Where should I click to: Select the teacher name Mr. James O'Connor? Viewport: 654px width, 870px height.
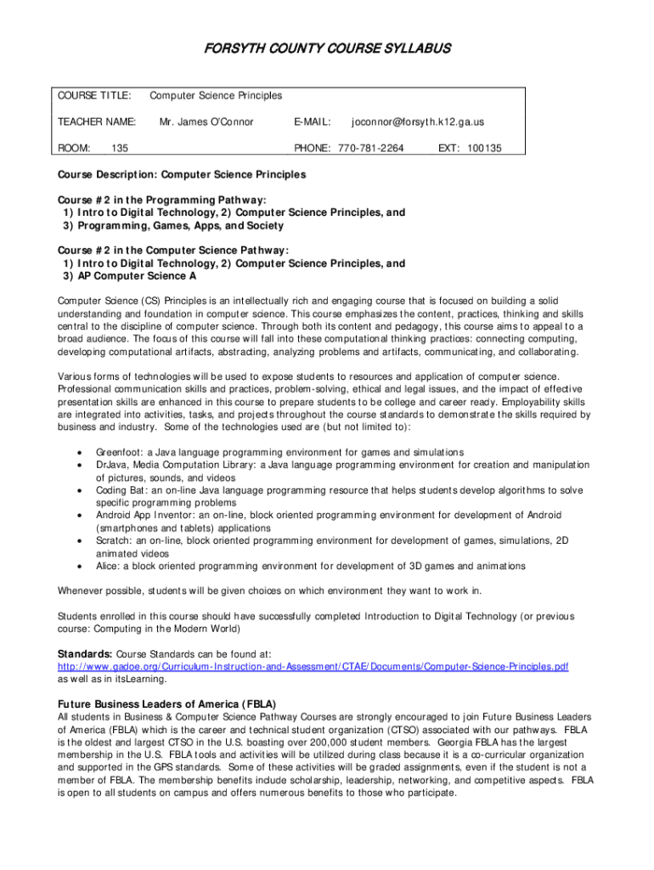(x=206, y=121)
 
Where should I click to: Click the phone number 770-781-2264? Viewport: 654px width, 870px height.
(x=370, y=148)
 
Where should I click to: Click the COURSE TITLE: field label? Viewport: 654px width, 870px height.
(x=94, y=95)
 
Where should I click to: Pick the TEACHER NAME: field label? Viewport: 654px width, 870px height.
(x=97, y=121)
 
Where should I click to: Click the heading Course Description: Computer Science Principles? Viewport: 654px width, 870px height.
(x=182, y=174)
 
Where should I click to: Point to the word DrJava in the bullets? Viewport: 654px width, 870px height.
(x=110, y=465)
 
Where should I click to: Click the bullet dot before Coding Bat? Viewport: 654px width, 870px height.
(x=79, y=490)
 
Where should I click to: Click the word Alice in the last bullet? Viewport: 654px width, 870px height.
(x=107, y=566)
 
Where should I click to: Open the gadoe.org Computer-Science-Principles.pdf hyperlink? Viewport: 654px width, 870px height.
(x=313, y=667)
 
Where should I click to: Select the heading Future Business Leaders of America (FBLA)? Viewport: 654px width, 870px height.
(x=166, y=704)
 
